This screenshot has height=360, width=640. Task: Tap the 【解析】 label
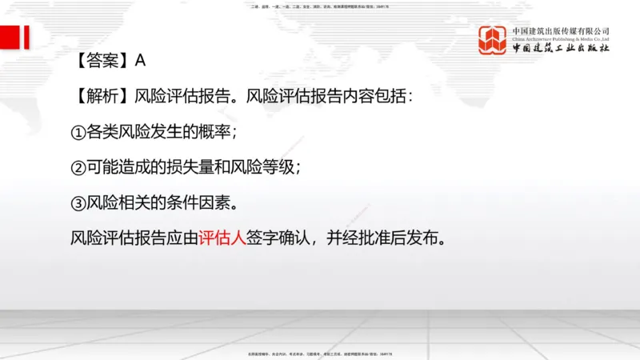(x=101, y=97)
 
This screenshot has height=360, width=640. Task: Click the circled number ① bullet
(x=78, y=132)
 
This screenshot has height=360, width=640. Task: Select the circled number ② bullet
(x=78, y=168)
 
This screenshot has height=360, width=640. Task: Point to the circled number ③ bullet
(x=78, y=203)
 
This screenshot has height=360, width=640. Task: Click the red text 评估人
(x=222, y=238)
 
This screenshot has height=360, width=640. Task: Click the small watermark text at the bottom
(x=320, y=353)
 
